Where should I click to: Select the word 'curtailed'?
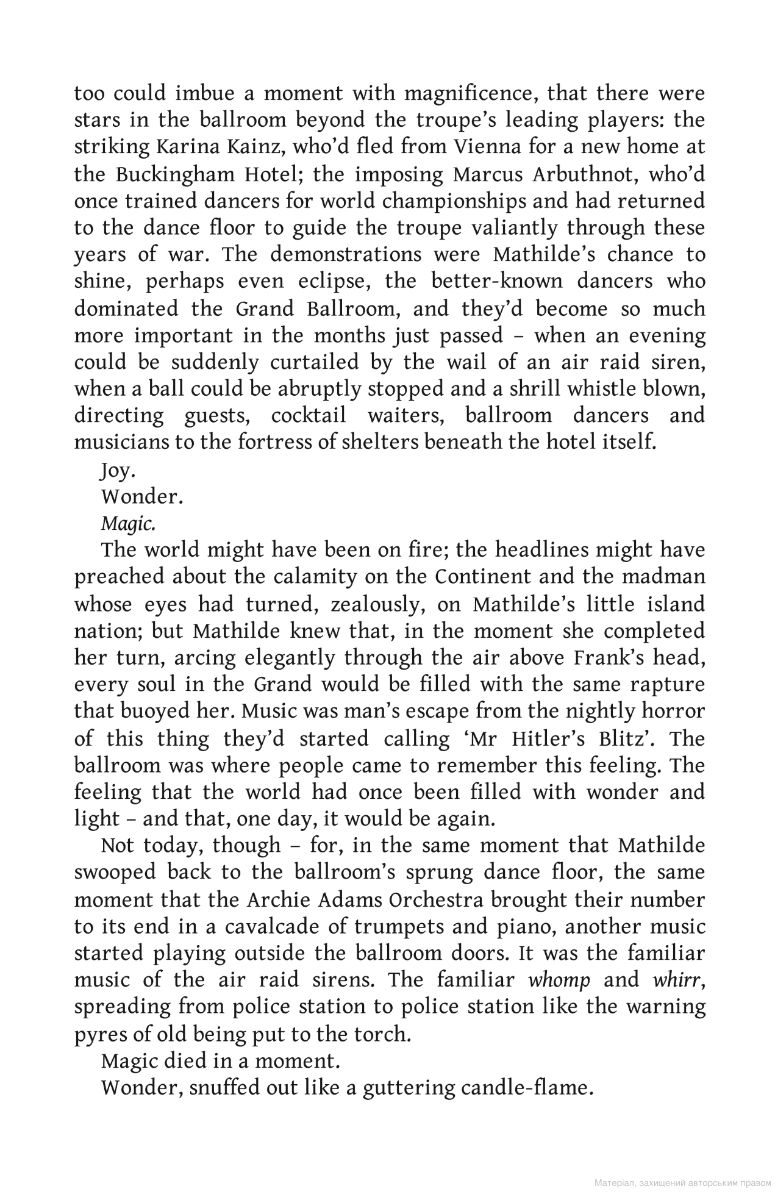pos(345,362)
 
